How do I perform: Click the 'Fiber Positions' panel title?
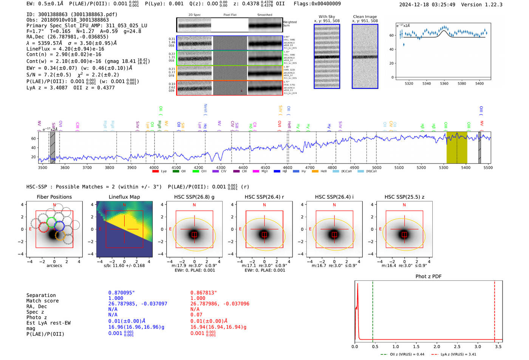[x=54, y=197]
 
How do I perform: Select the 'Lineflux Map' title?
[x=124, y=197]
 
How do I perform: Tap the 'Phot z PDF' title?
[x=428, y=277]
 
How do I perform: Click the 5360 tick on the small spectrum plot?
[x=444, y=83]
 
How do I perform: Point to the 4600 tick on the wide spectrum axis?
[x=287, y=167]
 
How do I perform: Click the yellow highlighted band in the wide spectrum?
[x=456, y=147]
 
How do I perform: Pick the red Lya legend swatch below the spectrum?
[x=155, y=172]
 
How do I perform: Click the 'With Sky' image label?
[x=326, y=17]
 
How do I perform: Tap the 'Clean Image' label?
[x=365, y=17]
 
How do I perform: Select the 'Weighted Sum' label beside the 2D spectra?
[x=290, y=24]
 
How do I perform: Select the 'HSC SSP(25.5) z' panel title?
[x=404, y=197]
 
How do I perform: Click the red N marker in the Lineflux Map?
[x=124, y=205]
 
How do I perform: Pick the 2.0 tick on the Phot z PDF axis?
[x=436, y=346]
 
